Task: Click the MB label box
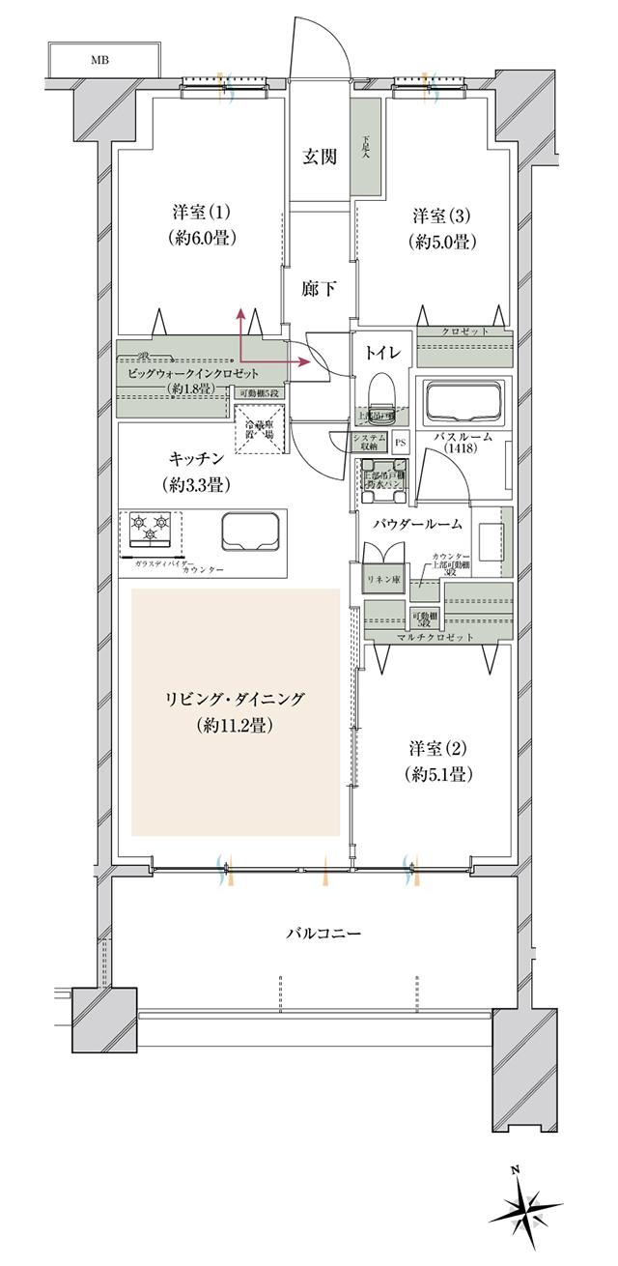(99, 60)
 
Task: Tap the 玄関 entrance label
(321, 157)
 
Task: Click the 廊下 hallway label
(316, 289)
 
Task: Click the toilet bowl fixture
(380, 398)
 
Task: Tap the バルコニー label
(323, 935)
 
